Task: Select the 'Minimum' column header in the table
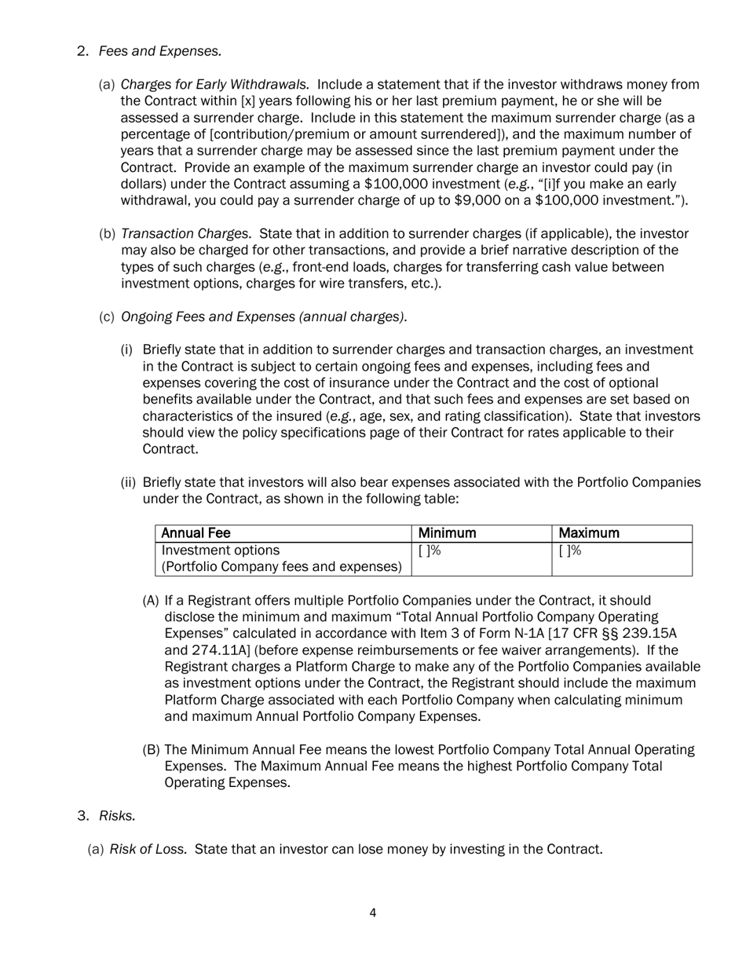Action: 448,533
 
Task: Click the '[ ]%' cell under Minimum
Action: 430,551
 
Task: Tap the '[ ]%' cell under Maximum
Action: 570,551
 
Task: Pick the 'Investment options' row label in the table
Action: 220,551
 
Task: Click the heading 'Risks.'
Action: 117,815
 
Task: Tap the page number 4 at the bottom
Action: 372,913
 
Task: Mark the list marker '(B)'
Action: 151,749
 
